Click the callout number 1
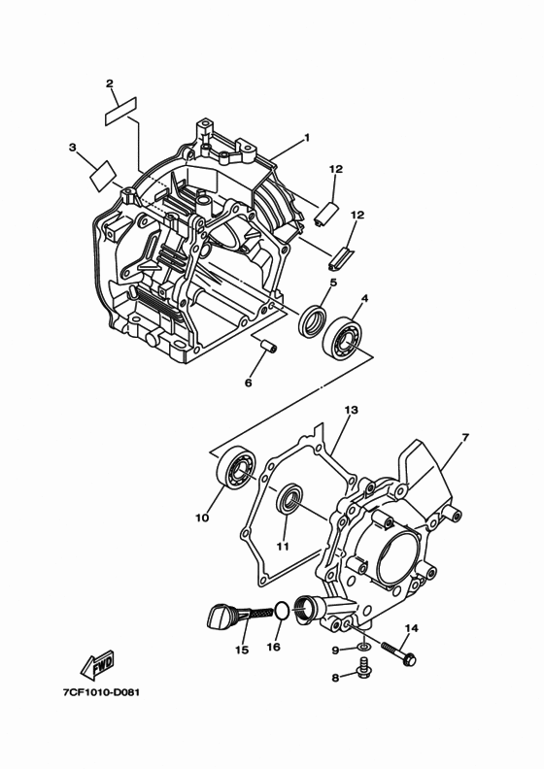[306, 138]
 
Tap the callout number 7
[464, 438]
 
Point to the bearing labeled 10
[234, 470]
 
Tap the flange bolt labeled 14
[397, 652]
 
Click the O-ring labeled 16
[280, 611]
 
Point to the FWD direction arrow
[100, 667]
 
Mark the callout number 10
[202, 518]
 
